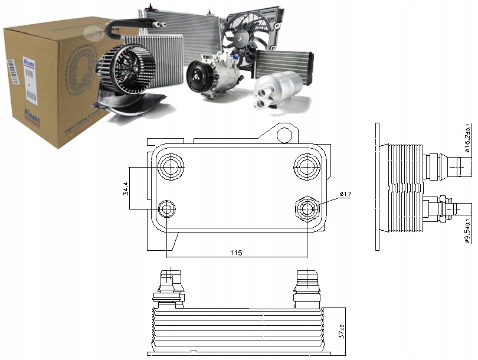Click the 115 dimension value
[x=236, y=253]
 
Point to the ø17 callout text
[x=346, y=194]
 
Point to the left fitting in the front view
[x=169, y=284]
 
